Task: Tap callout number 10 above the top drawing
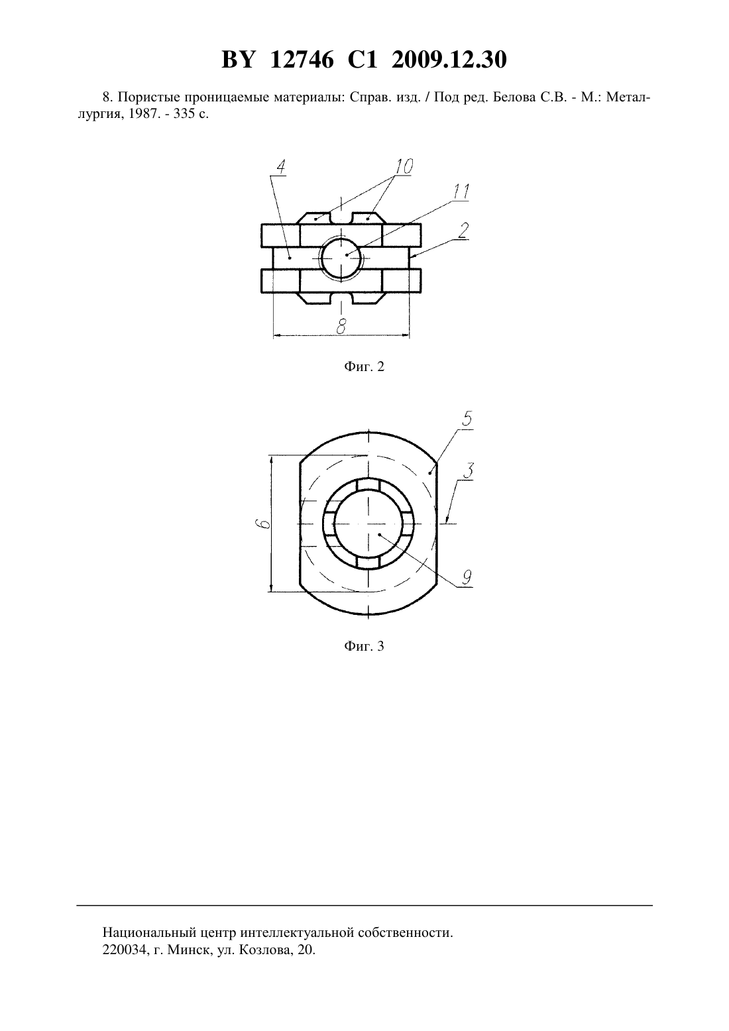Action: (x=404, y=166)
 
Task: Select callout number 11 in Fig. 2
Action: (x=461, y=191)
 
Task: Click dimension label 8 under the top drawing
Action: (x=341, y=326)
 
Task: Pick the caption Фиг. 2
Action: (x=364, y=366)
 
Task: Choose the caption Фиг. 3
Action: (x=364, y=646)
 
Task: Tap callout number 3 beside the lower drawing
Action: (x=469, y=470)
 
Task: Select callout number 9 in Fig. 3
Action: (x=467, y=577)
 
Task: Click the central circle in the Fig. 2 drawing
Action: (x=341, y=258)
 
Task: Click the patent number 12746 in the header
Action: (x=302, y=60)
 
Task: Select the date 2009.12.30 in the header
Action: (x=449, y=60)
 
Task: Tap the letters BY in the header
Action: (x=238, y=60)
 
